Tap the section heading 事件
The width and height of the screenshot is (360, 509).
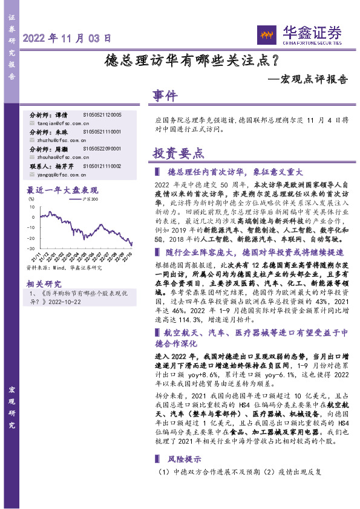(x=165, y=96)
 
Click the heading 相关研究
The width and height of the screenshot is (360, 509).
(x=44, y=266)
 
